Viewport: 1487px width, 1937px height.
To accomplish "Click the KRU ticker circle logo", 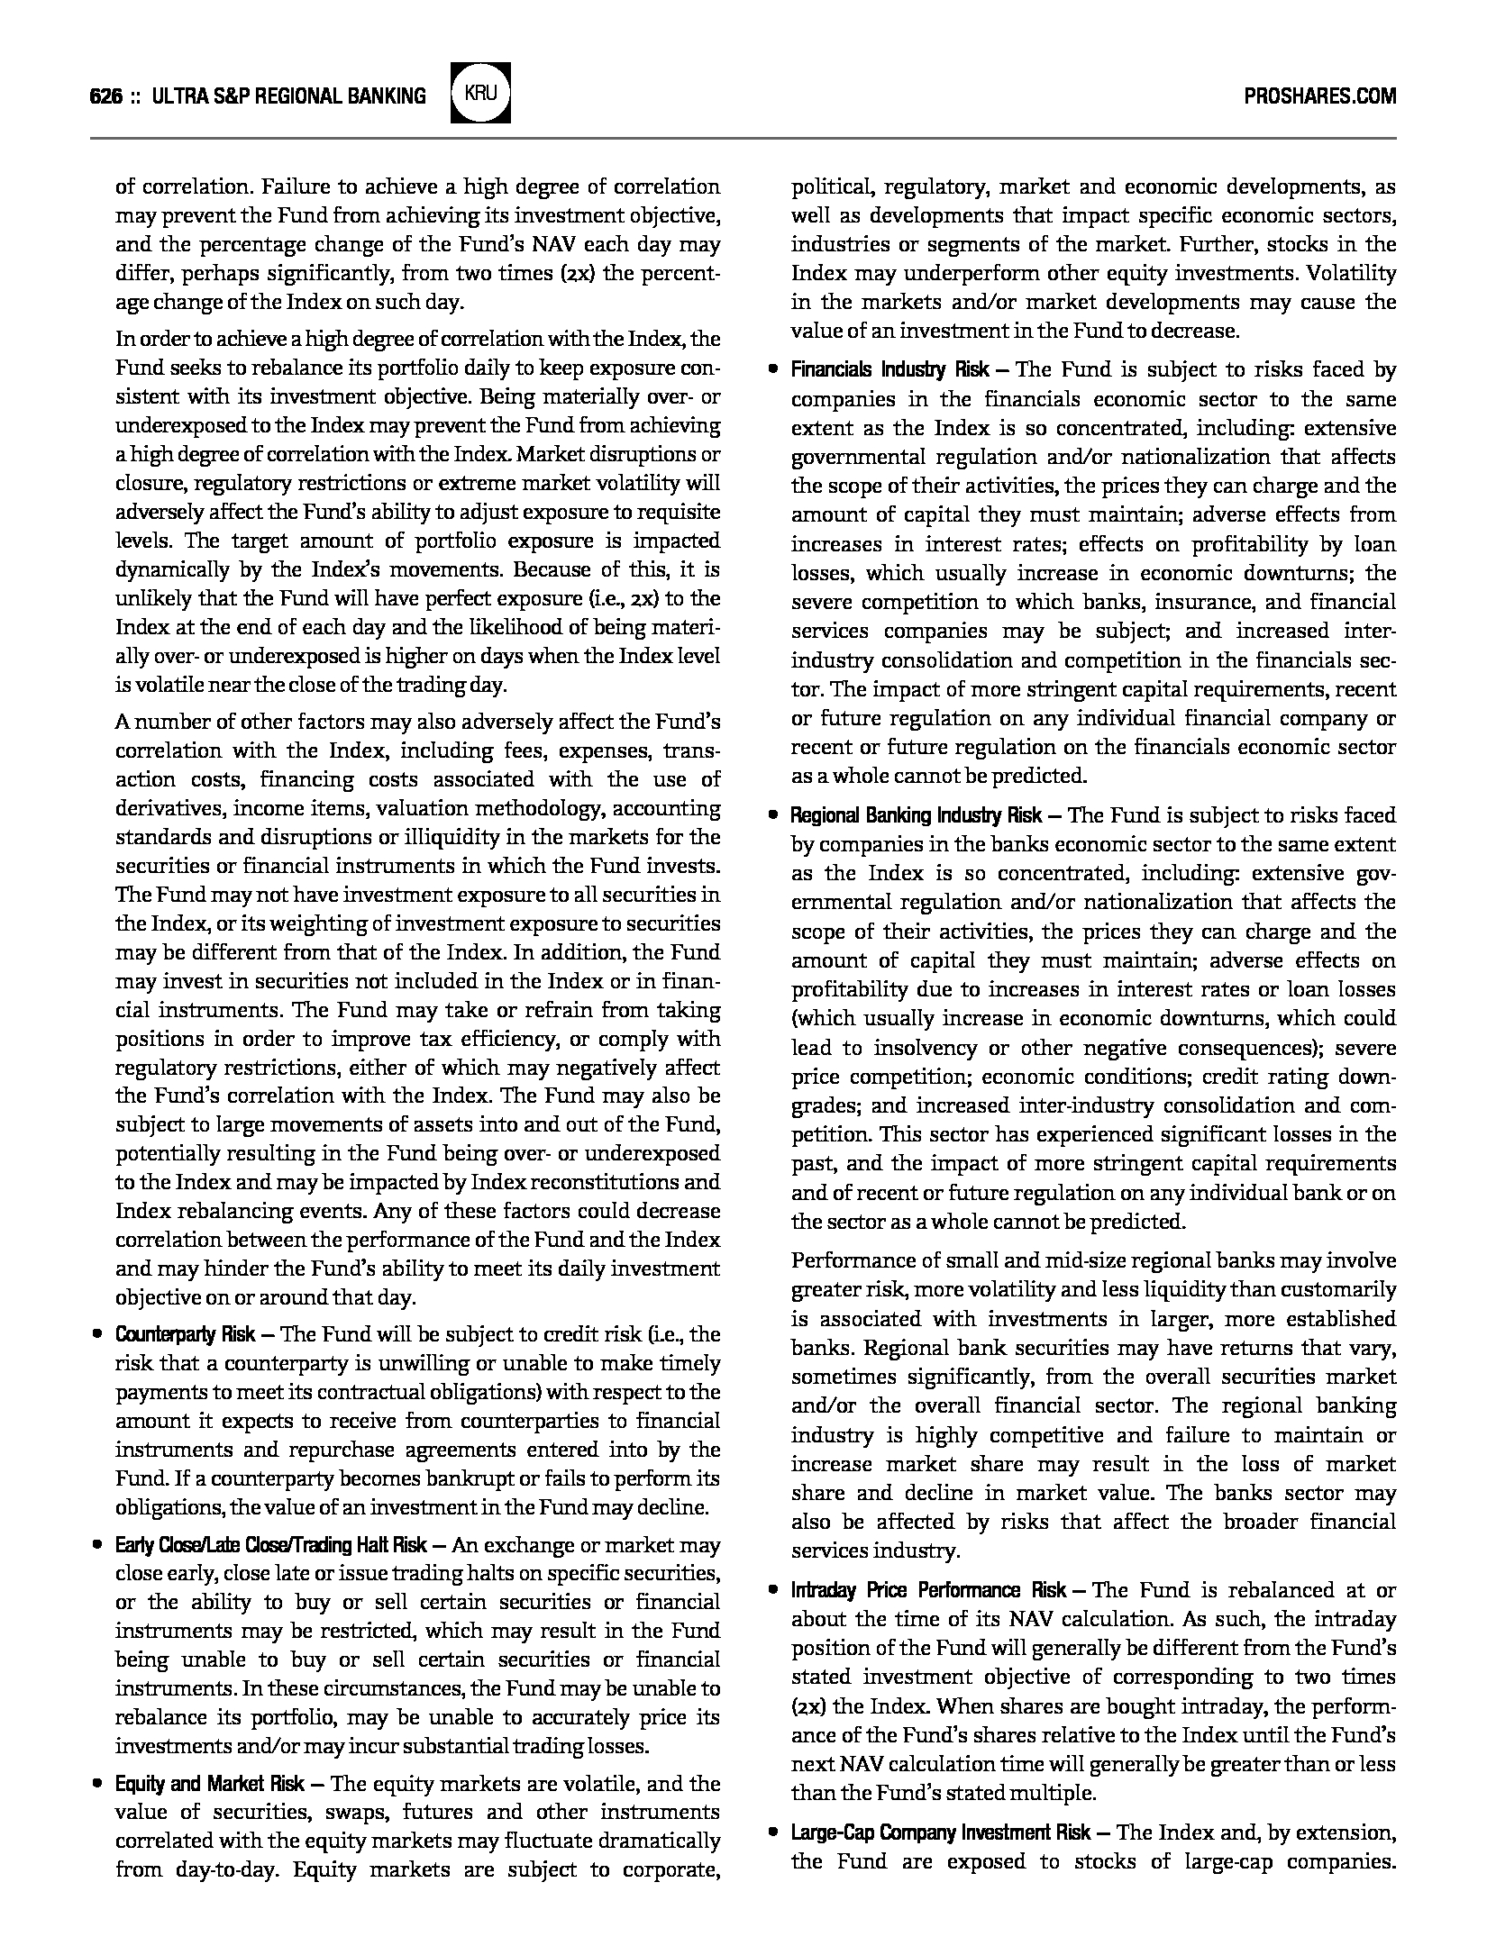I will click(x=481, y=93).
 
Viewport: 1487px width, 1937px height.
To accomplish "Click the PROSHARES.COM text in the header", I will click(x=1319, y=95).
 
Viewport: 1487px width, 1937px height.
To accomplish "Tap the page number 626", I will click(x=106, y=96).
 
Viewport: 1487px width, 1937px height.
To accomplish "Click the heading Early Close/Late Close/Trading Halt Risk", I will click(x=270, y=1546).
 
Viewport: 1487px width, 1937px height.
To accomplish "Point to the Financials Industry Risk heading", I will click(x=889, y=369).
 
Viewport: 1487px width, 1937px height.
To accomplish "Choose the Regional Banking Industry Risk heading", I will click(x=916, y=816).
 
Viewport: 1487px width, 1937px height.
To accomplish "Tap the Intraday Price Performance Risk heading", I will click(x=928, y=1590).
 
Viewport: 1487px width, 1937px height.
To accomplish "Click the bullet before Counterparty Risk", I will click(x=96, y=1334).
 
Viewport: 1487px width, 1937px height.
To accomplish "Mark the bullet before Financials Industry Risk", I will click(x=772, y=369).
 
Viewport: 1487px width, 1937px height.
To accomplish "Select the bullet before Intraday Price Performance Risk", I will click(x=772, y=1590).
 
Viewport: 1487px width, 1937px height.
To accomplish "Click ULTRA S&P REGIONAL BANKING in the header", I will click(x=289, y=96).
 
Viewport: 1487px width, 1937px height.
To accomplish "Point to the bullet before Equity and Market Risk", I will click(x=96, y=1784).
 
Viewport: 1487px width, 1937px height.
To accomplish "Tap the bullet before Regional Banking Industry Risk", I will click(x=772, y=816).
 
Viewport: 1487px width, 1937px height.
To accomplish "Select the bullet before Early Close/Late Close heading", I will click(x=96, y=1546).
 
